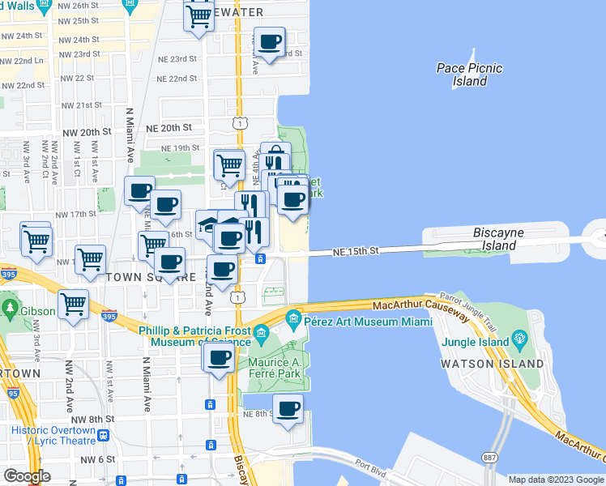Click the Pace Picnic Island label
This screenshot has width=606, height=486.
click(469, 75)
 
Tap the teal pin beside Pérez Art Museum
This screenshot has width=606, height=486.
click(293, 317)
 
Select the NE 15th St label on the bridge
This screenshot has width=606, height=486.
click(356, 252)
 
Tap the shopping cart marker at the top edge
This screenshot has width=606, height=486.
click(199, 15)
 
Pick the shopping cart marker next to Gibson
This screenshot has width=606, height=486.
click(74, 305)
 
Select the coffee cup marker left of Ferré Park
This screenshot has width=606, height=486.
click(218, 359)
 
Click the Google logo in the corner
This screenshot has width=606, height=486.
click(27, 475)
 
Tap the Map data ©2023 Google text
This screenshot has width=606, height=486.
click(555, 479)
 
